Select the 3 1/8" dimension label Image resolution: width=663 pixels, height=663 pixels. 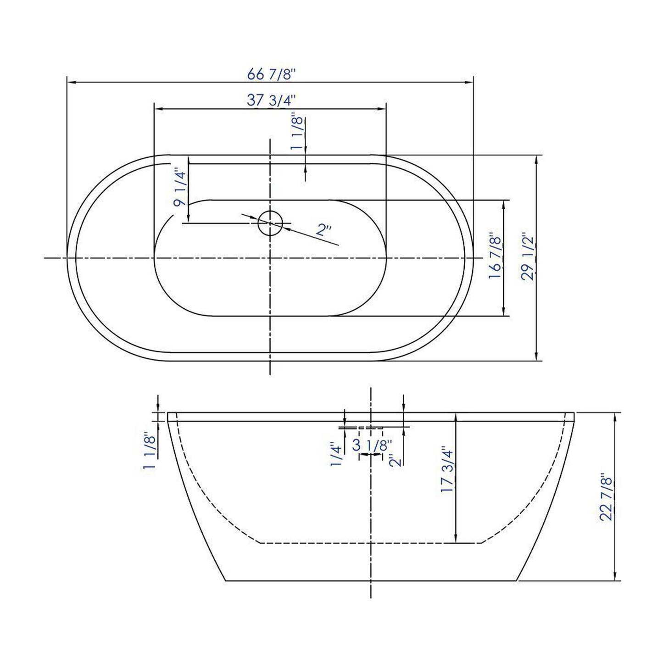(x=372, y=445)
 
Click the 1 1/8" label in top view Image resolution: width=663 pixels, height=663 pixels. (x=297, y=134)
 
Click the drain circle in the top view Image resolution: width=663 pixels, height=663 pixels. (x=270, y=223)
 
